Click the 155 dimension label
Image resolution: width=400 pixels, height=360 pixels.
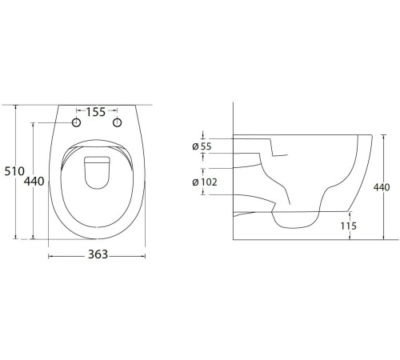tap(96, 112)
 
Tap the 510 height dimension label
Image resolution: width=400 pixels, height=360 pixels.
tap(14, 171)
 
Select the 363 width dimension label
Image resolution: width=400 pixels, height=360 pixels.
tap(98, 254)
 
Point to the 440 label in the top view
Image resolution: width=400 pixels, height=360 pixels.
tap(34, 182)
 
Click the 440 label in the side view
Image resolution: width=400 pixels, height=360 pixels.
tap(382, 187)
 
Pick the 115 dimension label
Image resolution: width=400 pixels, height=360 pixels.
tap(348, 226)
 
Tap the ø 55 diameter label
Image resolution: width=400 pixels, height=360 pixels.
tap(202, 146)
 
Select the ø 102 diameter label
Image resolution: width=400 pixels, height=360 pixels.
tap(205, 182)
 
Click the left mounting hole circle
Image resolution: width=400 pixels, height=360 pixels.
tap(77, 122)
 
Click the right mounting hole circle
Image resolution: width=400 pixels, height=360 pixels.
tap(118, 122)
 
